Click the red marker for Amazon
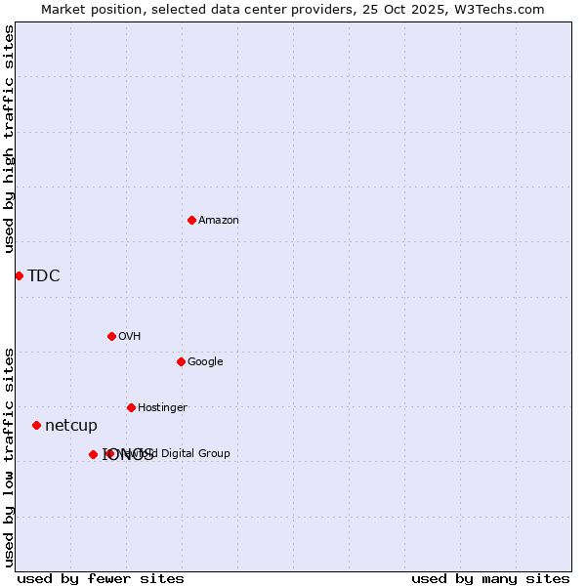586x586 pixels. tap(191, 220)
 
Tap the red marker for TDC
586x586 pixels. tap(19, 275)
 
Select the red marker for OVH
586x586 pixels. tap(111, 336)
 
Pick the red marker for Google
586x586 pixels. tap(181, 361)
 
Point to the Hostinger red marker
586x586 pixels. tap(131, 407)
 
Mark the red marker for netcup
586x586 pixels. tap(36, 425)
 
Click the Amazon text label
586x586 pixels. tap(219, 221)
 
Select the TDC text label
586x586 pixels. tap(44, 275)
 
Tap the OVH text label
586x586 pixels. tap(130, 337)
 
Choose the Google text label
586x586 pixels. tap(205, 362)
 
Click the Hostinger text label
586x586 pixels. tap(162, 408)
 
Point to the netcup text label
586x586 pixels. tap(71, 426)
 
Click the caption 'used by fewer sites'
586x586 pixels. tap(101, 579)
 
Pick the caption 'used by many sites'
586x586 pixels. tap(490, 579)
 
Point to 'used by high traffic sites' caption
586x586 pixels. tap(10, 139)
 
